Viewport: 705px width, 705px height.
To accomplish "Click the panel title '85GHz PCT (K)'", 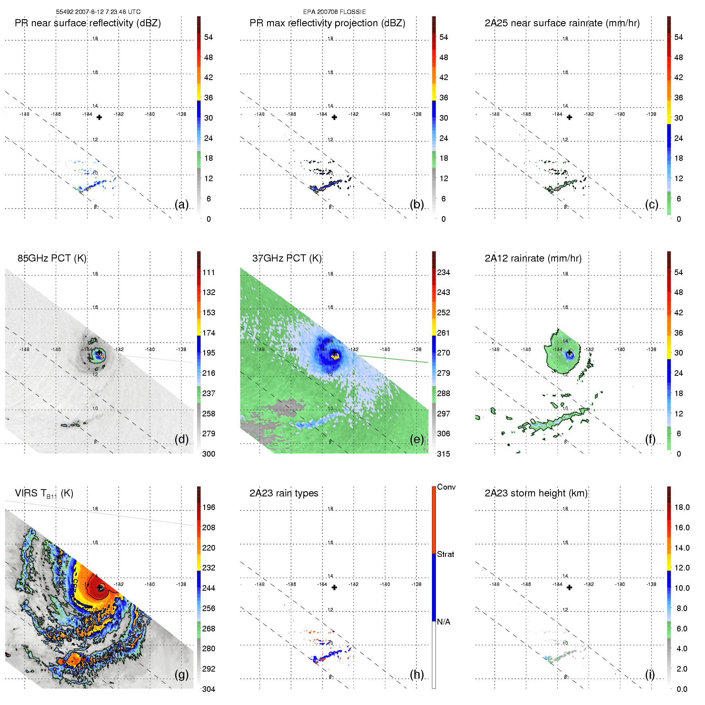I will [x=52, y=258].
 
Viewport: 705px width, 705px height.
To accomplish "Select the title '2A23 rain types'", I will [x=283, y=493].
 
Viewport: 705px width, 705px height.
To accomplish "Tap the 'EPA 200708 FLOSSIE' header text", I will [x=334, y=12].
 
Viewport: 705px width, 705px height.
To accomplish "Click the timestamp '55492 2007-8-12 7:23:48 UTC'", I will [x=98, y=12].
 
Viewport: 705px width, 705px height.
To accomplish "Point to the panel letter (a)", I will [x=182, y=204].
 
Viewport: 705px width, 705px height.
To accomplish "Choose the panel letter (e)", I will [x=417, y=439].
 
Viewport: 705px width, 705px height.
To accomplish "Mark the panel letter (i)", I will [x=650, y=674].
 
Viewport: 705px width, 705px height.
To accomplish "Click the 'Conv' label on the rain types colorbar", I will [x=446, y=487].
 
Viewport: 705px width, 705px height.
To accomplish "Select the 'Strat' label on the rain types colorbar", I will [x=445, y=554].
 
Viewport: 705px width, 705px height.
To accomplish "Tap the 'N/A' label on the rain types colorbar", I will [x=443, y=622].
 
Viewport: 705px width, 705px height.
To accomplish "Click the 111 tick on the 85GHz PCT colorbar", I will [x=209, y=272].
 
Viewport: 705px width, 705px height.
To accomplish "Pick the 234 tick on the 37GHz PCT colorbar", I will [x=443, y=272].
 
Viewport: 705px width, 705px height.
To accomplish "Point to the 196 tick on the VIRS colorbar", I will [x=209, y=507].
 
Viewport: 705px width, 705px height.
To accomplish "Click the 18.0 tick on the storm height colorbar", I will [x=682, y=507].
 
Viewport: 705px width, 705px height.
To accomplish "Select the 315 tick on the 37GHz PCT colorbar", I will [x=443, y=454].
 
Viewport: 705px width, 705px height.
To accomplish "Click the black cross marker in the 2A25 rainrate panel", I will [x=569, y=117].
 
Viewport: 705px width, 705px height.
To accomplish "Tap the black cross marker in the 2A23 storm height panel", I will [x=569, y=588].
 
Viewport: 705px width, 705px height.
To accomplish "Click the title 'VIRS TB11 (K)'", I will [x=44, y=494].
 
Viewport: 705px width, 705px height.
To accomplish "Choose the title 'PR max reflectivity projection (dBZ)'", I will [x=327, y=23].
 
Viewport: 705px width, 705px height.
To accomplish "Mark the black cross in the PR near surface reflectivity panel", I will [x=99, y=117].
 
